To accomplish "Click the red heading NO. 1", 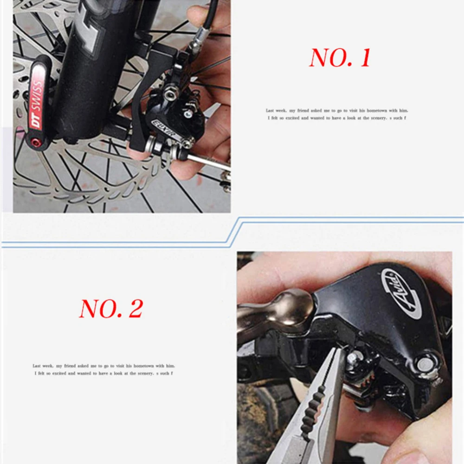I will (x=340, y=58).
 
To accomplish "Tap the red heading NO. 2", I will (x=111, y=309).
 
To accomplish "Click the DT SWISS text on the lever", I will (x=37, y=104).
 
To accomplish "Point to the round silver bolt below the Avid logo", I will (x=424, y=364).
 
